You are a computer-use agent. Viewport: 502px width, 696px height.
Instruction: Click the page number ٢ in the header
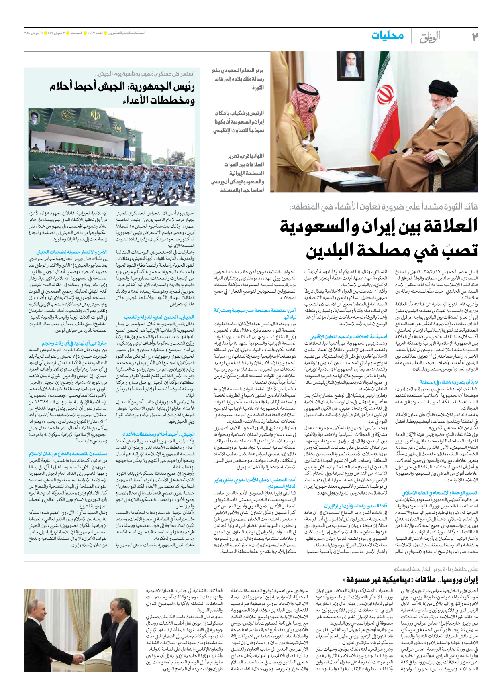[474, 37]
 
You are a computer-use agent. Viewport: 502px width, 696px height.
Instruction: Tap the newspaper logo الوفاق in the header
[430, 37]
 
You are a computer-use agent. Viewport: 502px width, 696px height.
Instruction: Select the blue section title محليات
[387, 36]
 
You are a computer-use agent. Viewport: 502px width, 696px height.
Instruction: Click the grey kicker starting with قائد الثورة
[384, 207]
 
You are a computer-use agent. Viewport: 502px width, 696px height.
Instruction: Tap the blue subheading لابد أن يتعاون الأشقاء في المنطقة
[449, 382]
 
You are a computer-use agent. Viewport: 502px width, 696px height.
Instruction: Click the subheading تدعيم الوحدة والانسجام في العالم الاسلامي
[439, 493]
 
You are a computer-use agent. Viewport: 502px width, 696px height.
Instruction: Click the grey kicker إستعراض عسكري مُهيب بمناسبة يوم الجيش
[145, 74]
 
